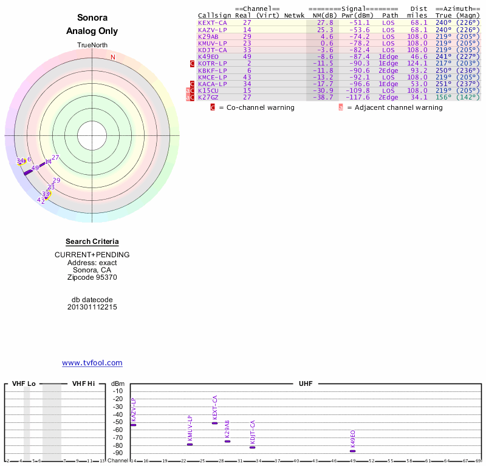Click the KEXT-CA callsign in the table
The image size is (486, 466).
212,22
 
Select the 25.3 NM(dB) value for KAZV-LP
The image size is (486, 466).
324,29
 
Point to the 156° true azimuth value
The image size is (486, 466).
443,97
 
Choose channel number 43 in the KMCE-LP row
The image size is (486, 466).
247,77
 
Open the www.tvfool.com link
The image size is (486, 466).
92,363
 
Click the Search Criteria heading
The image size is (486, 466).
92,241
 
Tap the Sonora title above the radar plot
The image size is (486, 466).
92,18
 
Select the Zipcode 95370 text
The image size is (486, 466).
92,277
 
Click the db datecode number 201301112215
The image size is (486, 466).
92,307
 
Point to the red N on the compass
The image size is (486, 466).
113,57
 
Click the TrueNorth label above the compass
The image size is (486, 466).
92,46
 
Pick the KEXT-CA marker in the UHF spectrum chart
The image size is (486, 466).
214,422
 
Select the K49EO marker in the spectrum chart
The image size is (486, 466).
352,451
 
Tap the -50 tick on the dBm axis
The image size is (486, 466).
118,422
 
